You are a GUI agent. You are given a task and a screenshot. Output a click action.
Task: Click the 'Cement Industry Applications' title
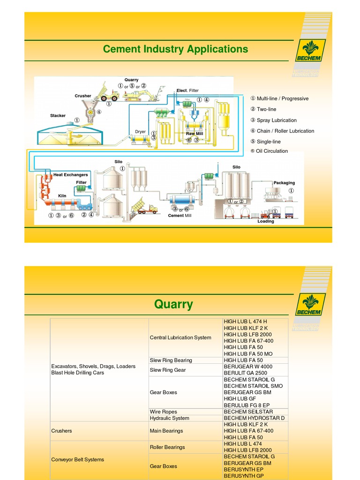(x=175, y=49)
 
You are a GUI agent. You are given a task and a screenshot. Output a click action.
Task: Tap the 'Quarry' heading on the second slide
(x=173, y=305)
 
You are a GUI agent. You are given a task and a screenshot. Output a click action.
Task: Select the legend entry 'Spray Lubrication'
(x=276, y=120)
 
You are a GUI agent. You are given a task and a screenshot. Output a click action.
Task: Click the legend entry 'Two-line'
(x=266, y=109)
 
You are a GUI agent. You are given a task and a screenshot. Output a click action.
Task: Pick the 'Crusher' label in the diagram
(x=83, y=96)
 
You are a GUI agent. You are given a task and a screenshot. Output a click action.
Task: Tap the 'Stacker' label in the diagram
(x=58, y=116)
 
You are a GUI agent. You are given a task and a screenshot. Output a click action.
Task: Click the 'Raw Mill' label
(x=194, y=134)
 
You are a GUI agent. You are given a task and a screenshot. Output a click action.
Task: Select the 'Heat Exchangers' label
(x=70, y=175)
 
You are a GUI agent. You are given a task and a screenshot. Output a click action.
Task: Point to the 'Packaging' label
(x=284, y=183)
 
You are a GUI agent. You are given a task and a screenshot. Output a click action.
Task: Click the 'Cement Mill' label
(x=180, y=216)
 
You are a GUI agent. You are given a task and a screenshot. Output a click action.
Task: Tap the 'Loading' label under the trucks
(x=266, y=222)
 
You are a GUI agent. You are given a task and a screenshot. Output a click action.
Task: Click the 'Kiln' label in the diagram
(x=62, y=195)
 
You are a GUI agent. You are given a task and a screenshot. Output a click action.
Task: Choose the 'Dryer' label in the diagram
(x=140, y=132)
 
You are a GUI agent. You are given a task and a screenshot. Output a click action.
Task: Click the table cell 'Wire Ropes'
(x=163, y=412)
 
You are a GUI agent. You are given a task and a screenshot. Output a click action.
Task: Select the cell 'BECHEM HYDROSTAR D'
(x=254, y=418)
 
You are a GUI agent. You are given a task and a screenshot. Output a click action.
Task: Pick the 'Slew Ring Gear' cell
(x=168, y=370)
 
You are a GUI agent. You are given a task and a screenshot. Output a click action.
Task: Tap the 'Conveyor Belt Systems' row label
(x=77, y=459)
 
